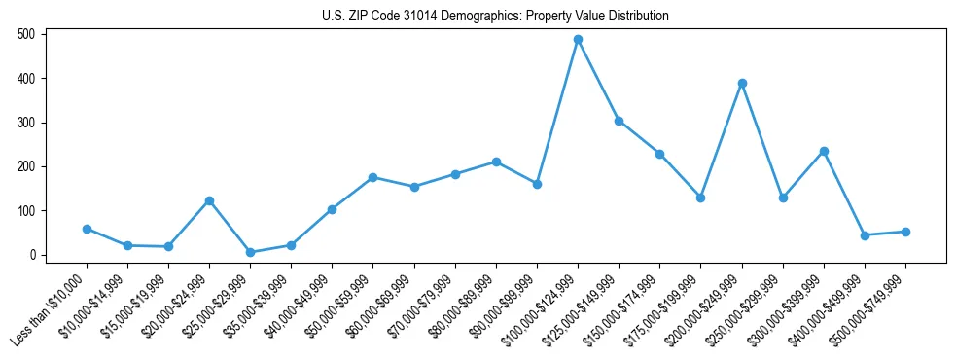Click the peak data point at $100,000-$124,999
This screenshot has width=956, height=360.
point(578,39)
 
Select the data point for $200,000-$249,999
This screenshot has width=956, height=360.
point(742,83)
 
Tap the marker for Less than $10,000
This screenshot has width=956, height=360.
point(87,229)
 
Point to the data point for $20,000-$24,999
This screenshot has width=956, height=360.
point(209,200)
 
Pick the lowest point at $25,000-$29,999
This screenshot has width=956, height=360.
point(250,252)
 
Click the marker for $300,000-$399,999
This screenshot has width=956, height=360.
point(824,151)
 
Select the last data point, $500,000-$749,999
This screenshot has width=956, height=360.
point(905,232)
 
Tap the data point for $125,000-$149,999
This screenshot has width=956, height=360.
point(619,121)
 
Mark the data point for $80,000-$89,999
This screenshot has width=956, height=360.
point(496,162)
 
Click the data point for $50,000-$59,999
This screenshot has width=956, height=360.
point(373,177)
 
